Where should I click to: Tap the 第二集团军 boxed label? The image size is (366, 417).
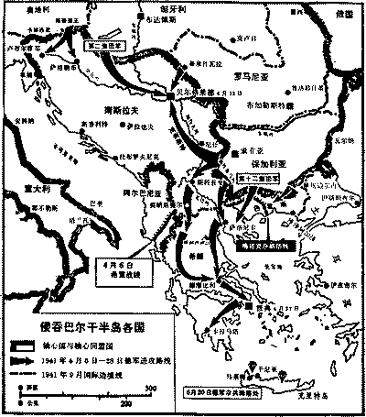tap(103, 43)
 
